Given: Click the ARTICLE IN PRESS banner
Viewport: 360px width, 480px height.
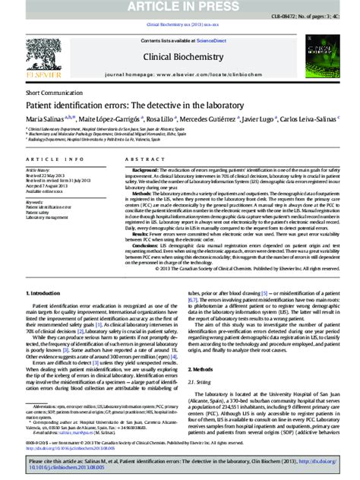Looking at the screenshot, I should [x=180, y=7].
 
